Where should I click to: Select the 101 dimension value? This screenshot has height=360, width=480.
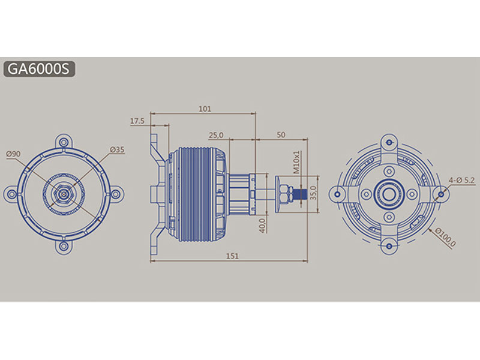[x=204, y=109]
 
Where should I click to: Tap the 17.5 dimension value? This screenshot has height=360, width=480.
[x=137, y=121]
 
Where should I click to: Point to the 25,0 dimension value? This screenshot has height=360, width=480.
[x=216, y=134]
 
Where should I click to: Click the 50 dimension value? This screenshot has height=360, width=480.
[x=281, y=134]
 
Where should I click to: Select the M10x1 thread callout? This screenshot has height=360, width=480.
[x=297, y=161]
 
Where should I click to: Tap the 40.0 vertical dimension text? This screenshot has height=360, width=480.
[x=263, y=225]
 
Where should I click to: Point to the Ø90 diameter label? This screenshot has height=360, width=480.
[x=13, y=154]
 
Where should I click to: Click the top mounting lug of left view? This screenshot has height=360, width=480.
[x=64, y=142]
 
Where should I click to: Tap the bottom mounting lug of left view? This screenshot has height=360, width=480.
[x=64, y=245]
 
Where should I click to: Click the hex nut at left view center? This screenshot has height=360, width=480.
[x=64, y=194]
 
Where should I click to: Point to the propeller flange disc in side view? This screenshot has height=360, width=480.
[x=278, y=194]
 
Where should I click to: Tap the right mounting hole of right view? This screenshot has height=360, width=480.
[x=442, y=193]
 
